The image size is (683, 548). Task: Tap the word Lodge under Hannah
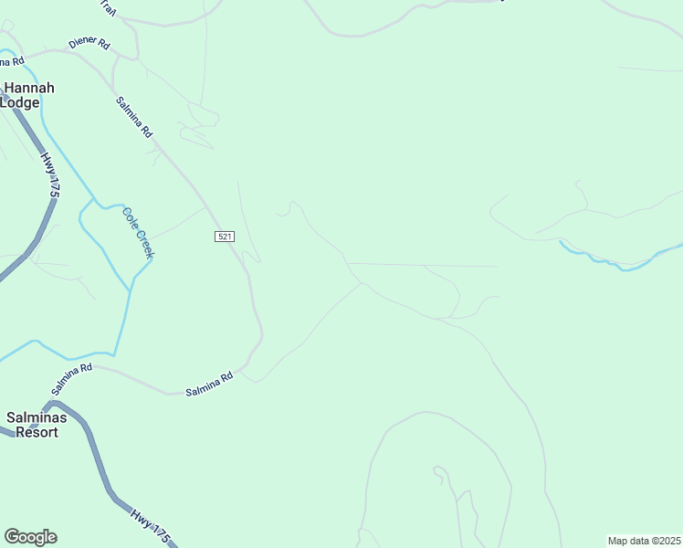point(20,102)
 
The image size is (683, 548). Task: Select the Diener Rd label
point(89,43)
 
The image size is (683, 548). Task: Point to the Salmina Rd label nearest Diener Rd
point(134,117)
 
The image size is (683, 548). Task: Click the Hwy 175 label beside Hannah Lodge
point(49,175)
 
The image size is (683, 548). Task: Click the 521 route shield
point(225,237)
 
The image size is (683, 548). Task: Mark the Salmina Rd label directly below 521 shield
point(209,384)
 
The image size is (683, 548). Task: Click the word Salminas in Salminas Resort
point(36,417)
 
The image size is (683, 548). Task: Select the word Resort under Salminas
point(33,432)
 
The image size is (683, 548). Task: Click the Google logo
point(30,537)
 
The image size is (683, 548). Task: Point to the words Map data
point(628,541)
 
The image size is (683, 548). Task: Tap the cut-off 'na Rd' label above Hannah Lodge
point(11,62)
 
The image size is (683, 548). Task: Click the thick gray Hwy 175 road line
point(96,457)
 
